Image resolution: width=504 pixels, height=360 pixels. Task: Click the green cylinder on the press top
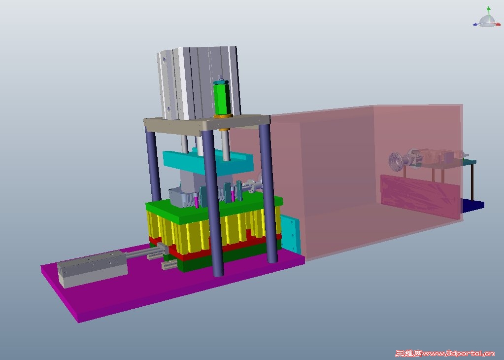tap(222, 98)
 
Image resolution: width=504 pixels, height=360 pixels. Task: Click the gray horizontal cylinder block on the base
tap(92, 269)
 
